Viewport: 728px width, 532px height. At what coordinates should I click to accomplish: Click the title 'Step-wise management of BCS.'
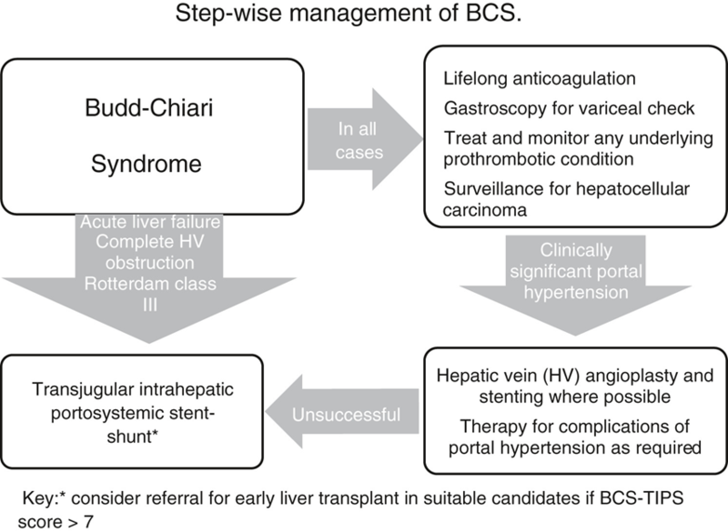pos(363,19)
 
